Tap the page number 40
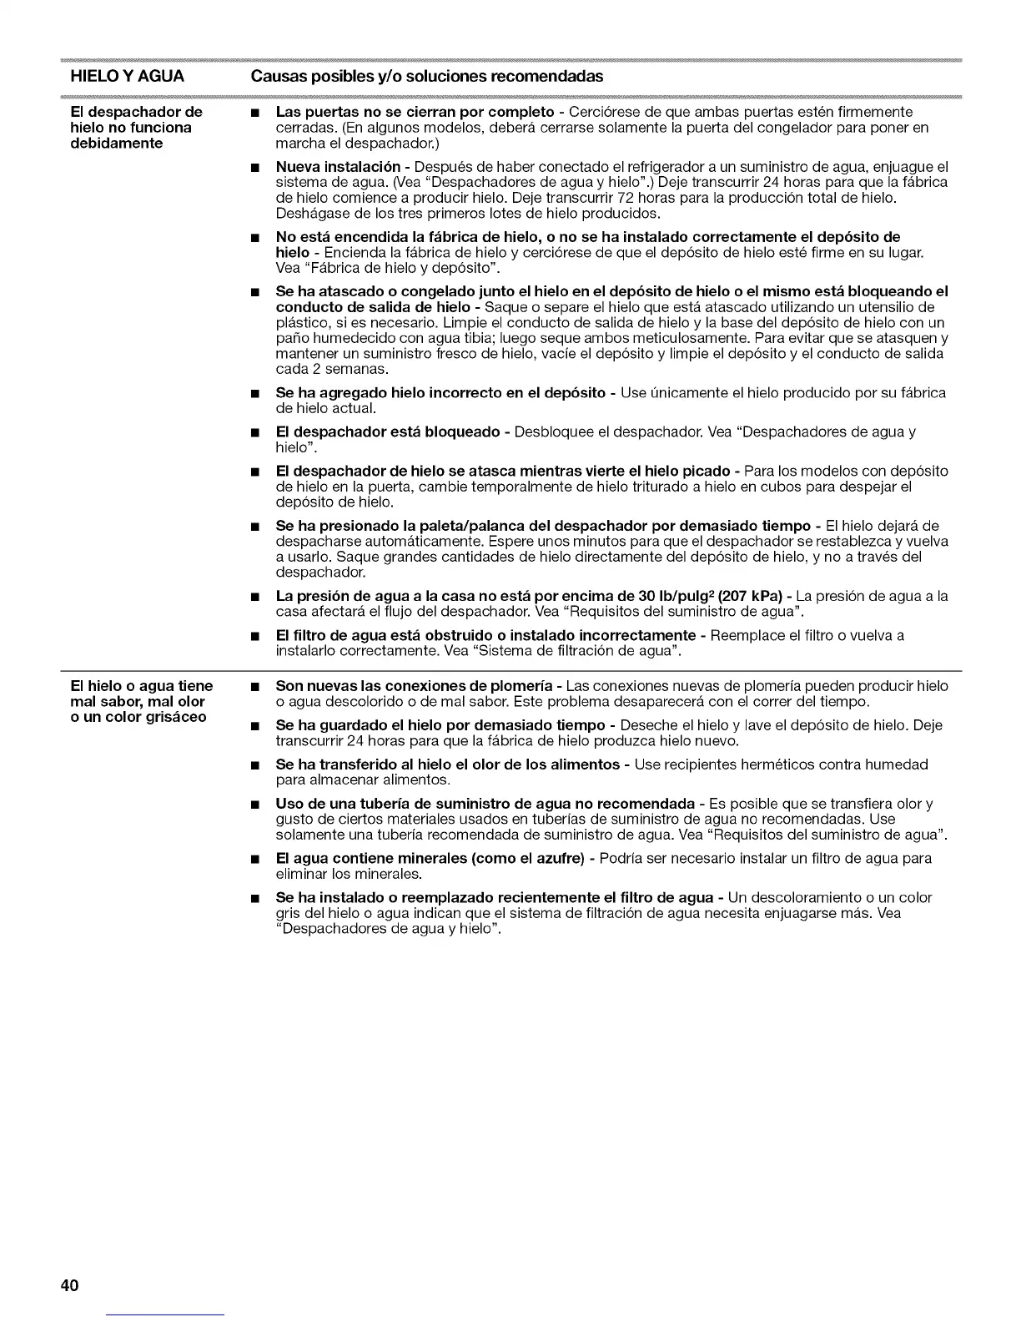pyautogui.click(x=69, y=1285)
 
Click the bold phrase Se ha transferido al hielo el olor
pyautogui.click(x=447, y=764)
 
